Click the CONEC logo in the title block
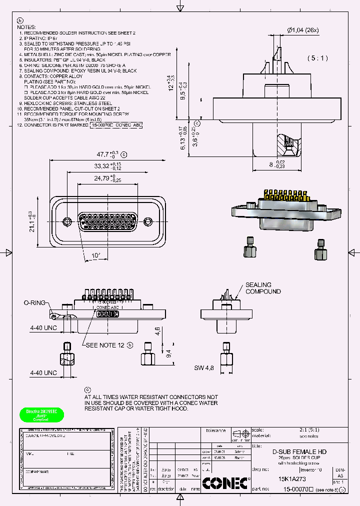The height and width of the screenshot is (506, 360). click(225, 483)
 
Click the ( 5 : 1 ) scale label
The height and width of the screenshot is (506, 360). click(317, 58)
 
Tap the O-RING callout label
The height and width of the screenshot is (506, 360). click(35, 303)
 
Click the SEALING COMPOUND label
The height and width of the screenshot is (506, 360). click(262, 288)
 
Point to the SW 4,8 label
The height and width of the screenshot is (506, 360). click(204, 368)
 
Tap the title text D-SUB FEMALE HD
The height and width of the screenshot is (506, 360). click(299, 451)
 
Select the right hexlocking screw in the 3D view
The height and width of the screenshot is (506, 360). click(320, 250)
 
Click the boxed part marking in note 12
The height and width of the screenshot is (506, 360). click(116, 126)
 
